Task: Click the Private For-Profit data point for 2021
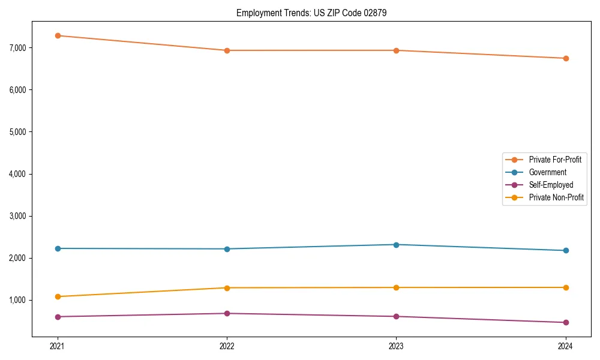pos(58,35)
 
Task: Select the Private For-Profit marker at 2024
pos(566,58)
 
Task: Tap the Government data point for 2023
pos(396,245)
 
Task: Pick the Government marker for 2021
pos(58,248)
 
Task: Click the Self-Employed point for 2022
pos(227,313)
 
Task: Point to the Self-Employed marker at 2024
pos(566,322)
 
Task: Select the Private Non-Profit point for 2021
pos(58,296)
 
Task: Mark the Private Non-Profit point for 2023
pos(396,287)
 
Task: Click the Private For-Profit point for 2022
pos(227,50)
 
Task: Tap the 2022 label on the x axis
pos(227,346)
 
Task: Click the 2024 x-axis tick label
pos(566,346)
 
